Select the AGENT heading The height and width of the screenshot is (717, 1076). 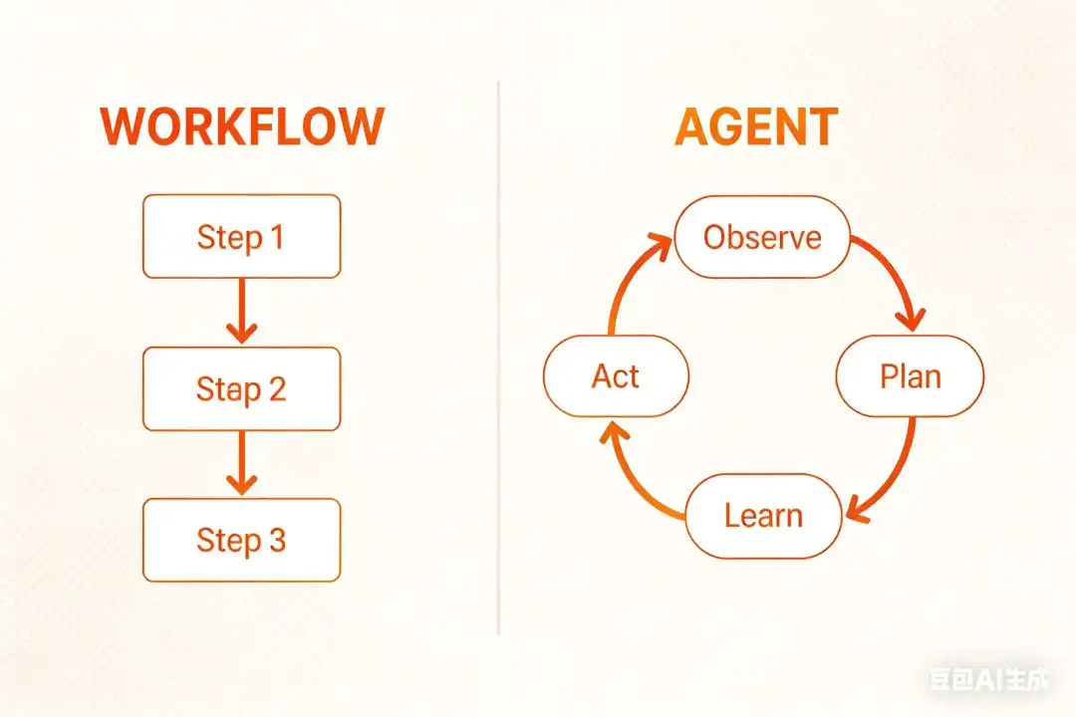point(756,127)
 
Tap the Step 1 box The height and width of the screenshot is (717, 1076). point(242,237)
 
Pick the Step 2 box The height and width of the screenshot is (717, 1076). point(242,388)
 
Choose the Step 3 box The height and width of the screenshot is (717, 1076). point(242,540)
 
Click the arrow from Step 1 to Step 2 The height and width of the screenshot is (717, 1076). point(241,311)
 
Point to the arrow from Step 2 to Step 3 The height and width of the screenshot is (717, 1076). point(241,463)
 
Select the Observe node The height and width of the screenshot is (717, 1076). point(762,237)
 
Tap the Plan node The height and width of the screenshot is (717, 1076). point(910,376)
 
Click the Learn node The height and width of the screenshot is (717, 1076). point(763,516)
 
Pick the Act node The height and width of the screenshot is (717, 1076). point(616,376)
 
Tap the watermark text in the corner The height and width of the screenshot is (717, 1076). point(989,681)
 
